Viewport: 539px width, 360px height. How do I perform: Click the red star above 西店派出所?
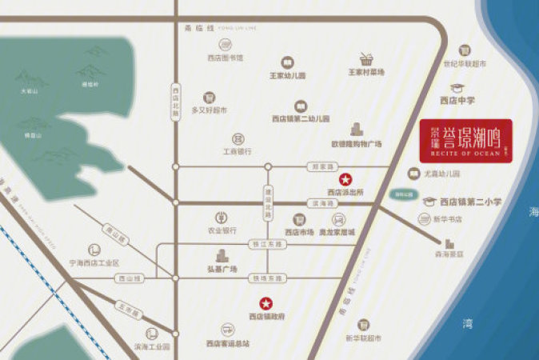coord(345,179)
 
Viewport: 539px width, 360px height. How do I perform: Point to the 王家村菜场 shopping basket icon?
coord(366,58)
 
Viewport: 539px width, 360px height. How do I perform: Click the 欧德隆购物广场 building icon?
coord(356,130)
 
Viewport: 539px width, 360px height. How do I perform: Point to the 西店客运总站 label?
coord(229,343)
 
